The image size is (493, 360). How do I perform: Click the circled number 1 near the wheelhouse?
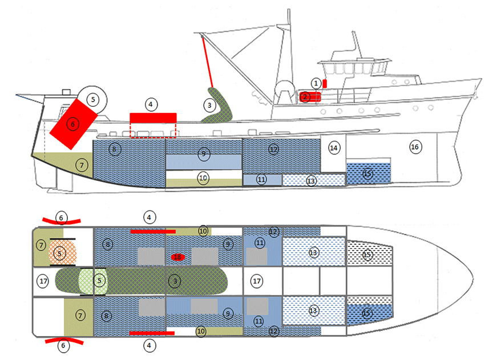tap(316, 83)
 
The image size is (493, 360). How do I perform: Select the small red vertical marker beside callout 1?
tap(325, 83)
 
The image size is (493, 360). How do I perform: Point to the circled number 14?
tap(334, 148)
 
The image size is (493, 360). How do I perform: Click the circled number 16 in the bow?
tap(415, 147)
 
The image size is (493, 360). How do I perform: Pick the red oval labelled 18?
tap(177, 257)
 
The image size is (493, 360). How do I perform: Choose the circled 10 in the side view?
tap(203, 178)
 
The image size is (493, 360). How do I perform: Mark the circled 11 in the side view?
tap(262, 179)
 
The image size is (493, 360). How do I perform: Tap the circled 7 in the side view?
tap(82, 165)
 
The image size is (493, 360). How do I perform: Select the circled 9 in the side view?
tap(203, 153)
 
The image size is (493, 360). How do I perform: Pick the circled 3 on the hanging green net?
tap(209, 105)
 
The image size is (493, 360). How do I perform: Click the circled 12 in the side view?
tap(273, 149)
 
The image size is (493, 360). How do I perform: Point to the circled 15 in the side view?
tap(367, 174)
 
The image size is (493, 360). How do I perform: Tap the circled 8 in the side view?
tap(114, 150)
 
